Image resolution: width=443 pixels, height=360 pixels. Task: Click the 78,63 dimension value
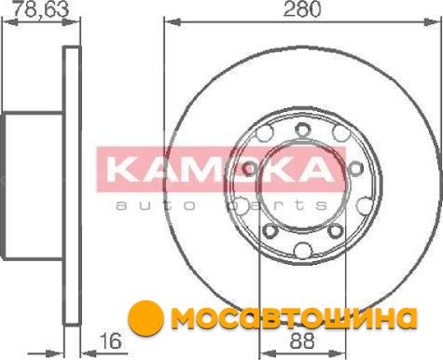click(42, 8)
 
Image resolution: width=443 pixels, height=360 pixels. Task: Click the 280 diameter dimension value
click(302, 8)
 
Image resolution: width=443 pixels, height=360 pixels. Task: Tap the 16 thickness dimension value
click(111, 341)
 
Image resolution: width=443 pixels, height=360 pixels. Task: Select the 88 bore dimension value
click(302, 341)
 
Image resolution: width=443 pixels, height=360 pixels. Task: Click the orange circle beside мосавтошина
click(145, 317)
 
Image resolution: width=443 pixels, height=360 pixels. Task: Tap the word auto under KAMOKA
click(156, 205)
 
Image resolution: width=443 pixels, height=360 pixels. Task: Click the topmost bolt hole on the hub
click(302, 130)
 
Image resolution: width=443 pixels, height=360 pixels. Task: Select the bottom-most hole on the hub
click(303, 250)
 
